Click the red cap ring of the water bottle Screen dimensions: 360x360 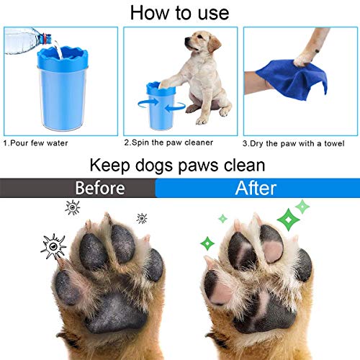point(45,39)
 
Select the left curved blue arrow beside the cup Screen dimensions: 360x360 point(148,104)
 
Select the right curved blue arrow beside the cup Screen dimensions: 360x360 point(176,107)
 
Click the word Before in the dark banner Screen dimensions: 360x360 point(100,188)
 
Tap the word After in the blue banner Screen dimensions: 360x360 point(256,188)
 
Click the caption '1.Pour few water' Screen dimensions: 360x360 point(35,143)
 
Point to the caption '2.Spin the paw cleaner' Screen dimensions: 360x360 point(168,143)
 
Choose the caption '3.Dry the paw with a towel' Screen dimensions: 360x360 point(293,143)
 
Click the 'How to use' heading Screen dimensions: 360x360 point(179,13)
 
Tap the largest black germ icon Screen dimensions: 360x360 point(53,246)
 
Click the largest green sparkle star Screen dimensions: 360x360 point(288,220)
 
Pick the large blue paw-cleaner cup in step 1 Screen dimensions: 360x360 point(63,89)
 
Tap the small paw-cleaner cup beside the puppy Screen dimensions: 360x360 point(161,106)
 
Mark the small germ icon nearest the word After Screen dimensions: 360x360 point(142,218)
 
